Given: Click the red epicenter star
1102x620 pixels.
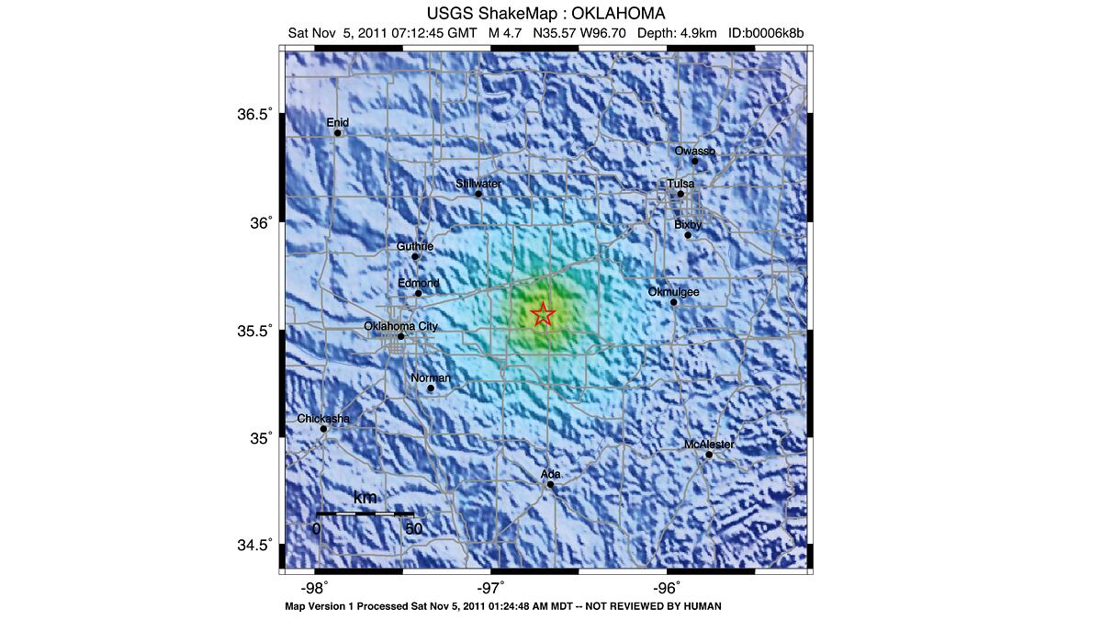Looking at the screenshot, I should point(543,314).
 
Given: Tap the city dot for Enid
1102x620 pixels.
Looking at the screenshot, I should point(338,133).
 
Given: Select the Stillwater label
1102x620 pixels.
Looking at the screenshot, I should point(478,184).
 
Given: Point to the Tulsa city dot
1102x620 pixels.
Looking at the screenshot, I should point(680,194).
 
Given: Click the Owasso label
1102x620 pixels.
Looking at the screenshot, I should point(694,151).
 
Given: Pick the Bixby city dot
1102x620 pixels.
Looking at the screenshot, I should point(688,235).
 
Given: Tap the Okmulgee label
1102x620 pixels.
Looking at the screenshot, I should point(673,292).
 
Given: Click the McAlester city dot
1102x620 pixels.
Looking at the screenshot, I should point(709,455).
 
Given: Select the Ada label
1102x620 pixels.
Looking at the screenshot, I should point(550,474).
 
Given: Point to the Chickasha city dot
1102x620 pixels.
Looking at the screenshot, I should point(324,429).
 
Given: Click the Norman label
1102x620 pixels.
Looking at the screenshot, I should point(430,378).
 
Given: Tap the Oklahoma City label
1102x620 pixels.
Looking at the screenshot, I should point(400,326).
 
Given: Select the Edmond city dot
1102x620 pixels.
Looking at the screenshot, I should point(418,294).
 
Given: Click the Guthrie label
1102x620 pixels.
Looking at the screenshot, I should point(415,246).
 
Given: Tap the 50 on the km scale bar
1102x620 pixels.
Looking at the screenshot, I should point(413,529).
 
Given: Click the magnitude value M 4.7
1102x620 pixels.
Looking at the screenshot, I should point(505,33).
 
